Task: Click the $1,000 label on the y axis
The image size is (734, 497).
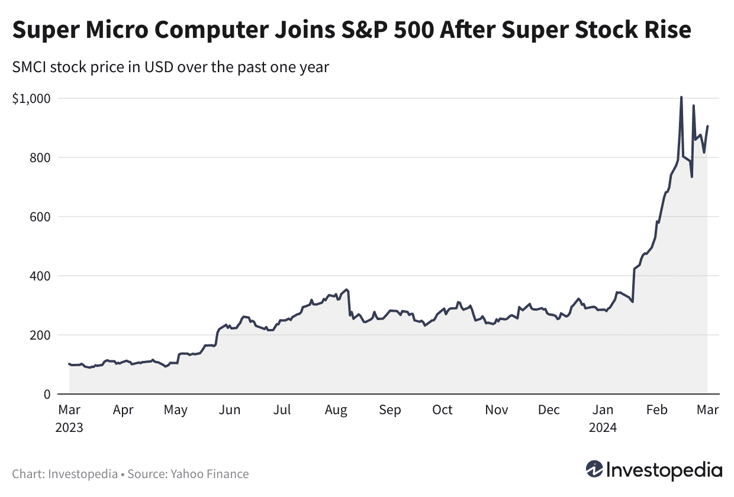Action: [31, 98]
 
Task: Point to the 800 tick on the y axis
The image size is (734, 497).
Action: [40, 157]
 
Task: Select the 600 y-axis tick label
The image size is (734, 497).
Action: [40, 217]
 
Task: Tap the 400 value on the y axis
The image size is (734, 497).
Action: [40, 276]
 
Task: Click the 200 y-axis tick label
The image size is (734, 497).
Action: [40, 335]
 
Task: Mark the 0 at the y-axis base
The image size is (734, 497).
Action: [46, 394]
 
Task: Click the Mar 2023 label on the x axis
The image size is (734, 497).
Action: [70, 418]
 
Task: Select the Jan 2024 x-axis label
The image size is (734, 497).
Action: [603, 418]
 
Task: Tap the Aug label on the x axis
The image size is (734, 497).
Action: [336, 409]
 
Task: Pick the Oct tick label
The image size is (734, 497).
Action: [442, 409]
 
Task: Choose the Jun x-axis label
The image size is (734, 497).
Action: [229, 409]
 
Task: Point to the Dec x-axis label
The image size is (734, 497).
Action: [549, 409]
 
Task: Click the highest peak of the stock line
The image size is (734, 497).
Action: [681, 97]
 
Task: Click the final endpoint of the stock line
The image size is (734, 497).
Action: [707, 125]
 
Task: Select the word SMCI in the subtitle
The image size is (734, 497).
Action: [31, 67]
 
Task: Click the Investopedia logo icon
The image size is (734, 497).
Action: [594, 470]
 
